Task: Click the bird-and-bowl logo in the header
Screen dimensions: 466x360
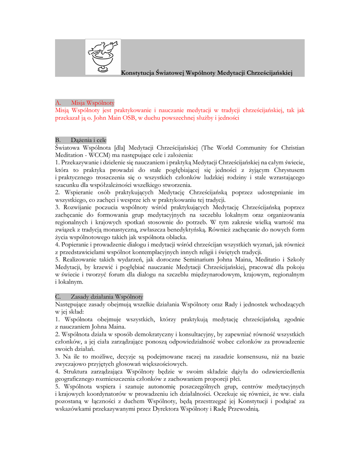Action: pos(103,56)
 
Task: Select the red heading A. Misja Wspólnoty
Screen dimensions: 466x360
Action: pos(85,103)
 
